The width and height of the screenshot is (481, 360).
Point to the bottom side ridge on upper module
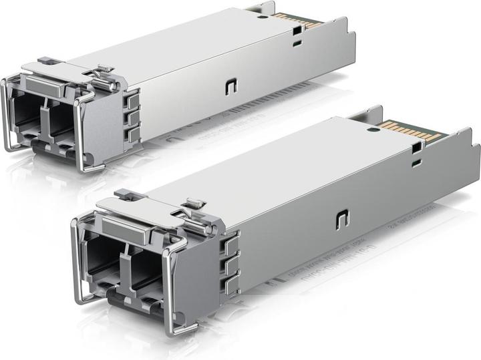point(133,134)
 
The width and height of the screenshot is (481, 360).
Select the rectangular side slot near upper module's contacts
point(294,42)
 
